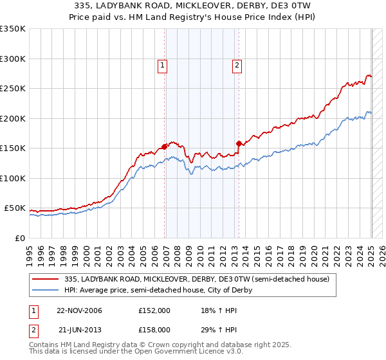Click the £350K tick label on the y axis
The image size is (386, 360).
[x=13, y=29]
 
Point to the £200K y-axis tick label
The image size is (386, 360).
[x=13, y=118]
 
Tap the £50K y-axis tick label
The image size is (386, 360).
[x=15, y=208]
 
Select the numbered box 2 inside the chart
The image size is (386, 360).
[x=237, y=65]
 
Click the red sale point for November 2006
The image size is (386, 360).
[x=165, y=147]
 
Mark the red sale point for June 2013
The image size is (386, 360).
[x=239, y=143]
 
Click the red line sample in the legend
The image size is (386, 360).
[x=46, y=279]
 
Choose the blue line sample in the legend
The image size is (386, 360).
[x=46, y=290]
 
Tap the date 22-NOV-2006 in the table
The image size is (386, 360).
[x=79, y=310]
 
